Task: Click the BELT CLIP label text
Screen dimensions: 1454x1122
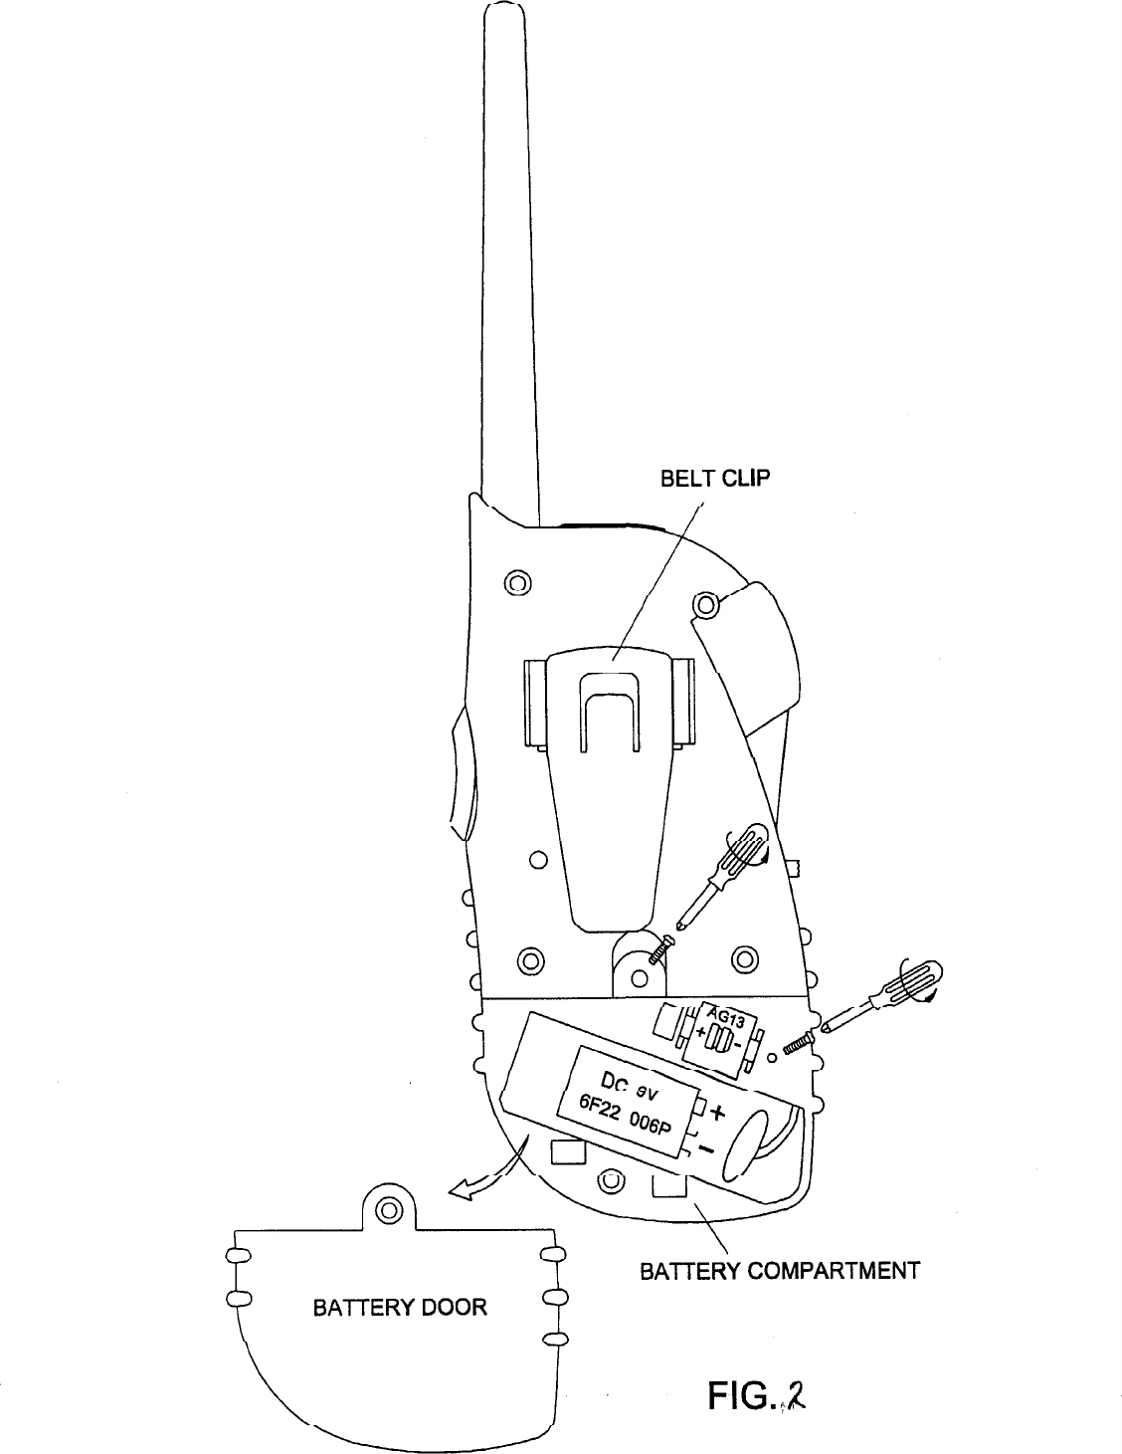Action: pos(715,479)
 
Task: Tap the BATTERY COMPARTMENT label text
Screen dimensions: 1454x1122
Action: pos(779,1271)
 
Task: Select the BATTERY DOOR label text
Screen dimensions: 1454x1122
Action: pos(400,1307)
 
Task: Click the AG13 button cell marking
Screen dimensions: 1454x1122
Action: pos(725,1019)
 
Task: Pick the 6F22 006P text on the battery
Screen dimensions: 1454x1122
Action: pos(627,1119)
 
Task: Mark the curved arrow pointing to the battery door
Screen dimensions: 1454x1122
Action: pos(487,1173)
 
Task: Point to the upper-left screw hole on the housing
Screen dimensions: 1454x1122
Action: pos(518,583)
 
